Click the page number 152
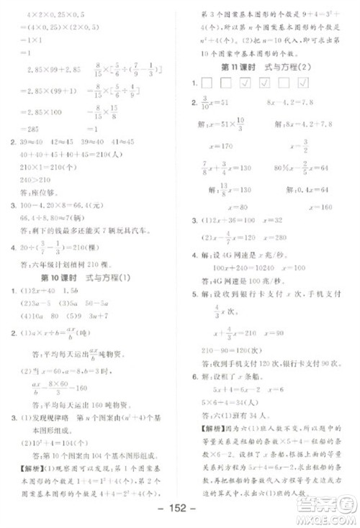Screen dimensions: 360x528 [x=180, y=512]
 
